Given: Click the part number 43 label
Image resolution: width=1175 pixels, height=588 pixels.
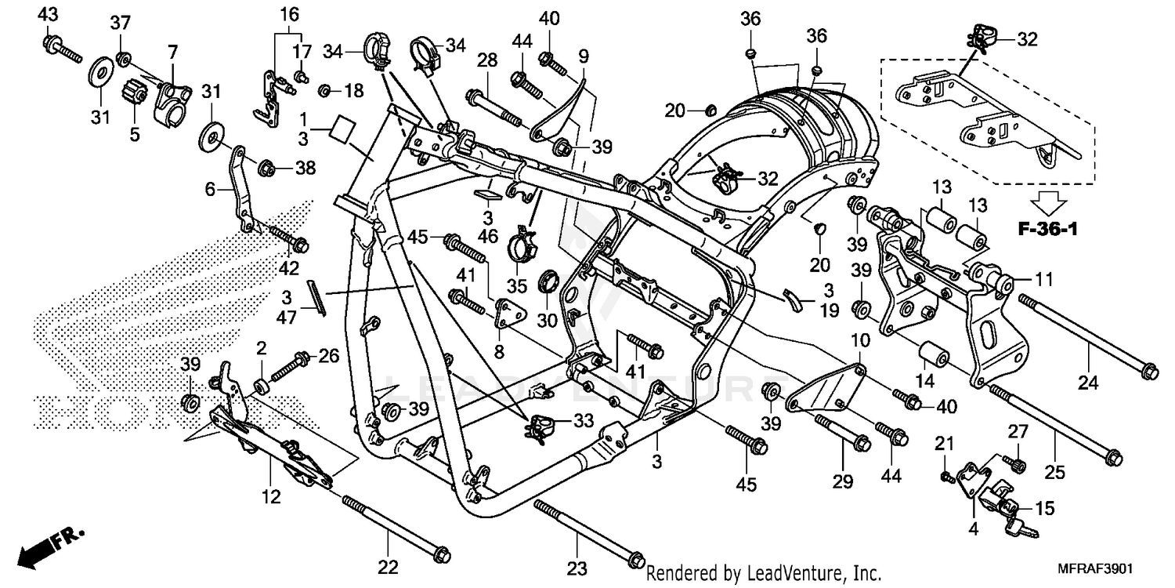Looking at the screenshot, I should coord(48,14).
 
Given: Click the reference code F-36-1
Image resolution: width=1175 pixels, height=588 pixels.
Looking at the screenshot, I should coord(1047,230).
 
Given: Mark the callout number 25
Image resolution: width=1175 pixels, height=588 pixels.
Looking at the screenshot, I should coord(1054,473).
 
